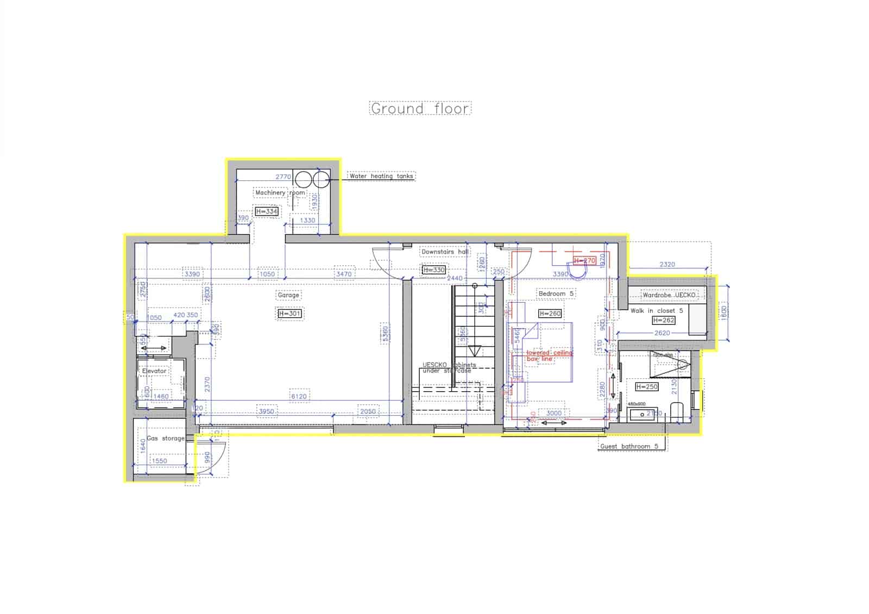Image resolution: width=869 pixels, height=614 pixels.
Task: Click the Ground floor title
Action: (420, 108)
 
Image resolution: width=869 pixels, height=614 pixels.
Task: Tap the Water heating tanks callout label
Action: (381, 176)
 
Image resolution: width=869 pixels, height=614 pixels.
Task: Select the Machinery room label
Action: (280, 193)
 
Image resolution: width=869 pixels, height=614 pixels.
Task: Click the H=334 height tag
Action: (267, 211)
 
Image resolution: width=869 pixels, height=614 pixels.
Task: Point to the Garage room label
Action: (288, 295)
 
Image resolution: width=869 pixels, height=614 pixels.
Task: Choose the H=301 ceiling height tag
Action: (289, 314)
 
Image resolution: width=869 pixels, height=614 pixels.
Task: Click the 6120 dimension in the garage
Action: (299, 396)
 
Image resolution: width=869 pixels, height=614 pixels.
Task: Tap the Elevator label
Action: (154, 371)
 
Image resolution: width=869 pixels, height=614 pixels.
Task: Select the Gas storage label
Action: (166, 438)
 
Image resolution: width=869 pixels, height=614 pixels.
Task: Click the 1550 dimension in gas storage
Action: (160, 461)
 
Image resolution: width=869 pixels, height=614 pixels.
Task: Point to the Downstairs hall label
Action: (445, 252)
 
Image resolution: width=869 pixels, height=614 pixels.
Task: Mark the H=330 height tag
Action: (433, 270)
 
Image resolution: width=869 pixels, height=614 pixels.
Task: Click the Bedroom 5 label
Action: (556, 293)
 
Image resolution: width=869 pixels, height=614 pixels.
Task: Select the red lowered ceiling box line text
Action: (549, 356)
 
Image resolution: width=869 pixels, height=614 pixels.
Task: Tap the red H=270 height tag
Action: (585, 261)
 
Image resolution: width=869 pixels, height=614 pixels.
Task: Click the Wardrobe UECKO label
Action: (669, 295)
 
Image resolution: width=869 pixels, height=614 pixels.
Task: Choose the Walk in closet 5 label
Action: (657, 311)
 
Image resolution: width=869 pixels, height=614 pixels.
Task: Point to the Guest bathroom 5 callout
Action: (629, 447)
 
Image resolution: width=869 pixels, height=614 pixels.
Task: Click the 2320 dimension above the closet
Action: (667, 265)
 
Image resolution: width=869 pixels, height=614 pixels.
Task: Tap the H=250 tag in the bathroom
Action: (646, 387)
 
